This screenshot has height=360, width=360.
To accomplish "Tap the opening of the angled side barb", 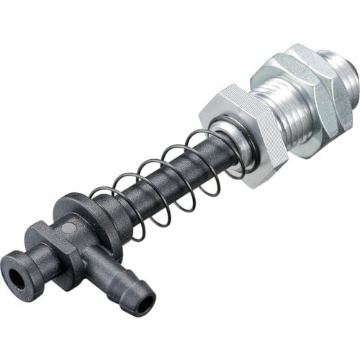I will [x=143, y=302].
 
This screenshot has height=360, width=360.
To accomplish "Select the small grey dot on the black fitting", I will [x=66, y=228].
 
